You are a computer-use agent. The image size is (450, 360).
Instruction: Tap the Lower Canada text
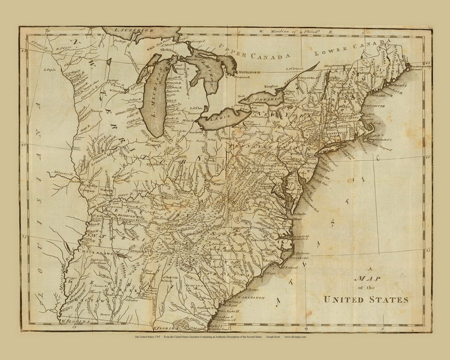352,47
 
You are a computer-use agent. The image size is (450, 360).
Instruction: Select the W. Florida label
75,322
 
